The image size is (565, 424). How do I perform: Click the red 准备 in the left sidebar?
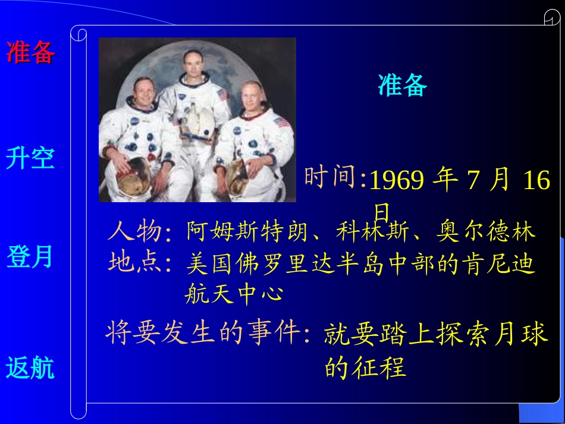[x=31, y=52]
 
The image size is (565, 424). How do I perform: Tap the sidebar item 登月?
[x=30, y=257]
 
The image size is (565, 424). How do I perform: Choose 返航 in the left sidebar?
[x=30, y=368]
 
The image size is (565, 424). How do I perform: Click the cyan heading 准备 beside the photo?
[x=403, y=86]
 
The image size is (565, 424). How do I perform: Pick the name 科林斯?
[x=373, y=231]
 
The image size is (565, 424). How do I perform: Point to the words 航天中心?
[x=233, y=294]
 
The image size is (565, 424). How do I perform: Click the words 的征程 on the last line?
[x=365, y=367]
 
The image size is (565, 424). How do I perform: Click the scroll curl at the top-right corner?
[x=551, y=19]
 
